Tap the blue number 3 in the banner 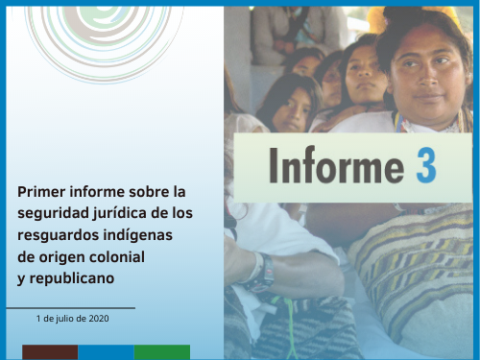(425, 165)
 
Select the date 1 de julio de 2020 (72, 318)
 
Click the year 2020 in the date (97, 318)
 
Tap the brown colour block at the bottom (50, 352)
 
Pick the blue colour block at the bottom (106, 352)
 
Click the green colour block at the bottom (161, 352)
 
